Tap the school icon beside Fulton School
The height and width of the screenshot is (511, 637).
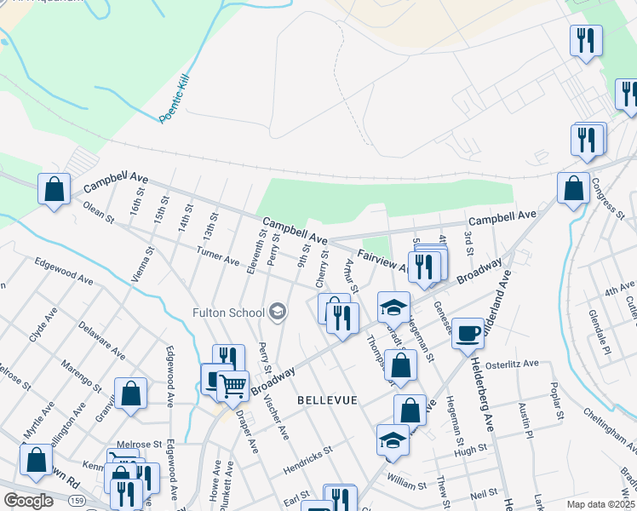pyautogui.click(x=276, y=313)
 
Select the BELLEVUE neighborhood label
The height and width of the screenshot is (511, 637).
pyautogui.click(x=327, y=399)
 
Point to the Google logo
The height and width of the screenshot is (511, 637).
pyautogui.click(x=28, y=501)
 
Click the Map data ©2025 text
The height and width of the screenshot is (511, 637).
pyautogui.click(x=600, y=504)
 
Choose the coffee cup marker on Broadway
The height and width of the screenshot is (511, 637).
pyautogui.click(x=467, y=333)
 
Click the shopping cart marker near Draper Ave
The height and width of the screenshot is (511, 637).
pyautogui.click(x=232, y=385)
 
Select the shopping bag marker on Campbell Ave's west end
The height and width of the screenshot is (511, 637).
pyautogui.click(x=55, y=188)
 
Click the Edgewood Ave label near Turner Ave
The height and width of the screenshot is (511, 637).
pyautogui.click(x=64, y=270)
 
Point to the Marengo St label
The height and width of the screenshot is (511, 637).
pyautogui.click(x=81, y=379)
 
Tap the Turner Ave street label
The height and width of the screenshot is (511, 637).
pyautogui.click(x=218, y=256)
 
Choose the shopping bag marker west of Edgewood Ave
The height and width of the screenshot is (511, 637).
pyautogui.click(x=131, y=393)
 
